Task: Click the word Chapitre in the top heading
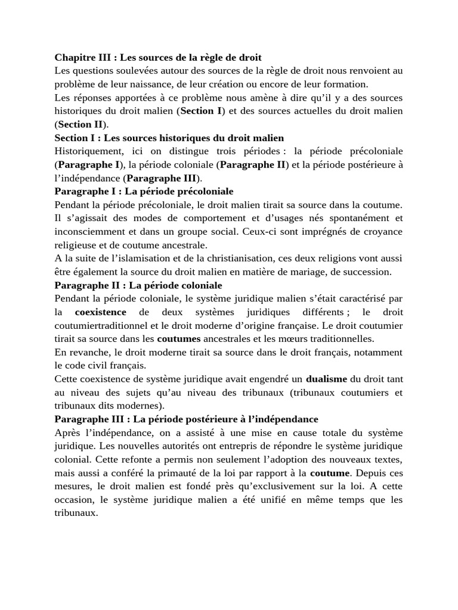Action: pyautogui.click(x=76, y=58)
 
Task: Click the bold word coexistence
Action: pyautogui.click(x=101, y=312)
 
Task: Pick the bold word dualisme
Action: pyautogui.click(x=326, y=379)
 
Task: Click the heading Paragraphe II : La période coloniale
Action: pyautogui.click(x=138, y=285)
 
